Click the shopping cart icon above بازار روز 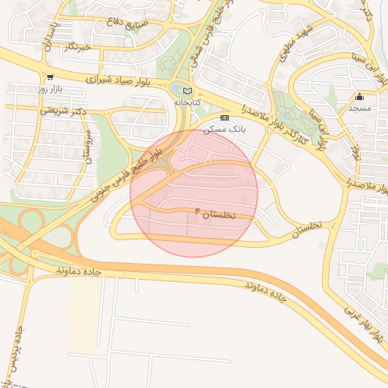point(50,77)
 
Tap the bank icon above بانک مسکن point(224,117)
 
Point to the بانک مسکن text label point(224,129)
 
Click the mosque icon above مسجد point(359,97)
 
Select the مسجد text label point(359,109)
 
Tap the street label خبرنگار point(78,47)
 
